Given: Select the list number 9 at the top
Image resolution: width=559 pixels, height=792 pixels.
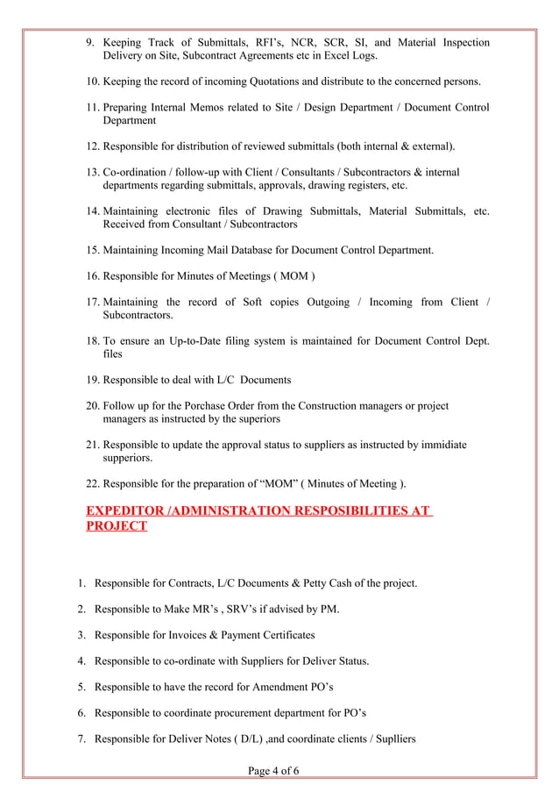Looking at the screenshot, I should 89,43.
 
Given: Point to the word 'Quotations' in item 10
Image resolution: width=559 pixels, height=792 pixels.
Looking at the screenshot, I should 268,82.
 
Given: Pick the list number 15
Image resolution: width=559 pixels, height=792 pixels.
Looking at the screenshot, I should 92,251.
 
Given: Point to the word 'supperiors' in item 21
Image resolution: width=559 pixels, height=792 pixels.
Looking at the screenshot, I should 128,458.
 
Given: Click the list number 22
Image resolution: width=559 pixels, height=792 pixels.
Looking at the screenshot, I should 92,483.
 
